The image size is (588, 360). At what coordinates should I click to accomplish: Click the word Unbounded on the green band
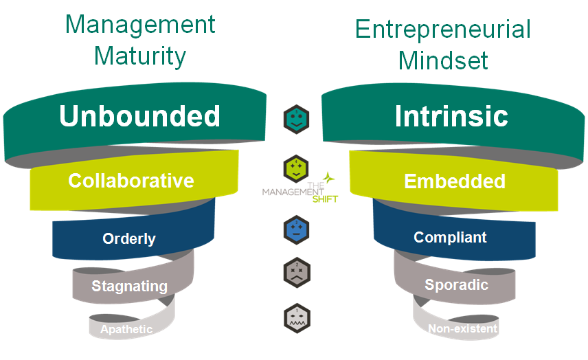[139, 116]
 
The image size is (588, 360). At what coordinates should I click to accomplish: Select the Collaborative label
[131, 181]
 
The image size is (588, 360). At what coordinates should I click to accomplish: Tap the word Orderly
[129, 239]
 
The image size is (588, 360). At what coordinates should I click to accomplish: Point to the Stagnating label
[129, 286]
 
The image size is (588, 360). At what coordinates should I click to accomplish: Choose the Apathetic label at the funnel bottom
[126, 330]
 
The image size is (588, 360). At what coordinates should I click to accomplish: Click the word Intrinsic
[451, 116]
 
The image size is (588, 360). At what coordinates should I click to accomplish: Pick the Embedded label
[455, 181]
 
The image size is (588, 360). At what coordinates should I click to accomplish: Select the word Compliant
[450, 238]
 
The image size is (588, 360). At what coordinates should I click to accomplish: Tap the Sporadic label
[456, 284]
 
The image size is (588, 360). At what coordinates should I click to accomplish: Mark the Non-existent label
[462, 329]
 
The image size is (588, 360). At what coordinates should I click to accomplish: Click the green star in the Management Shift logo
[330, 177]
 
